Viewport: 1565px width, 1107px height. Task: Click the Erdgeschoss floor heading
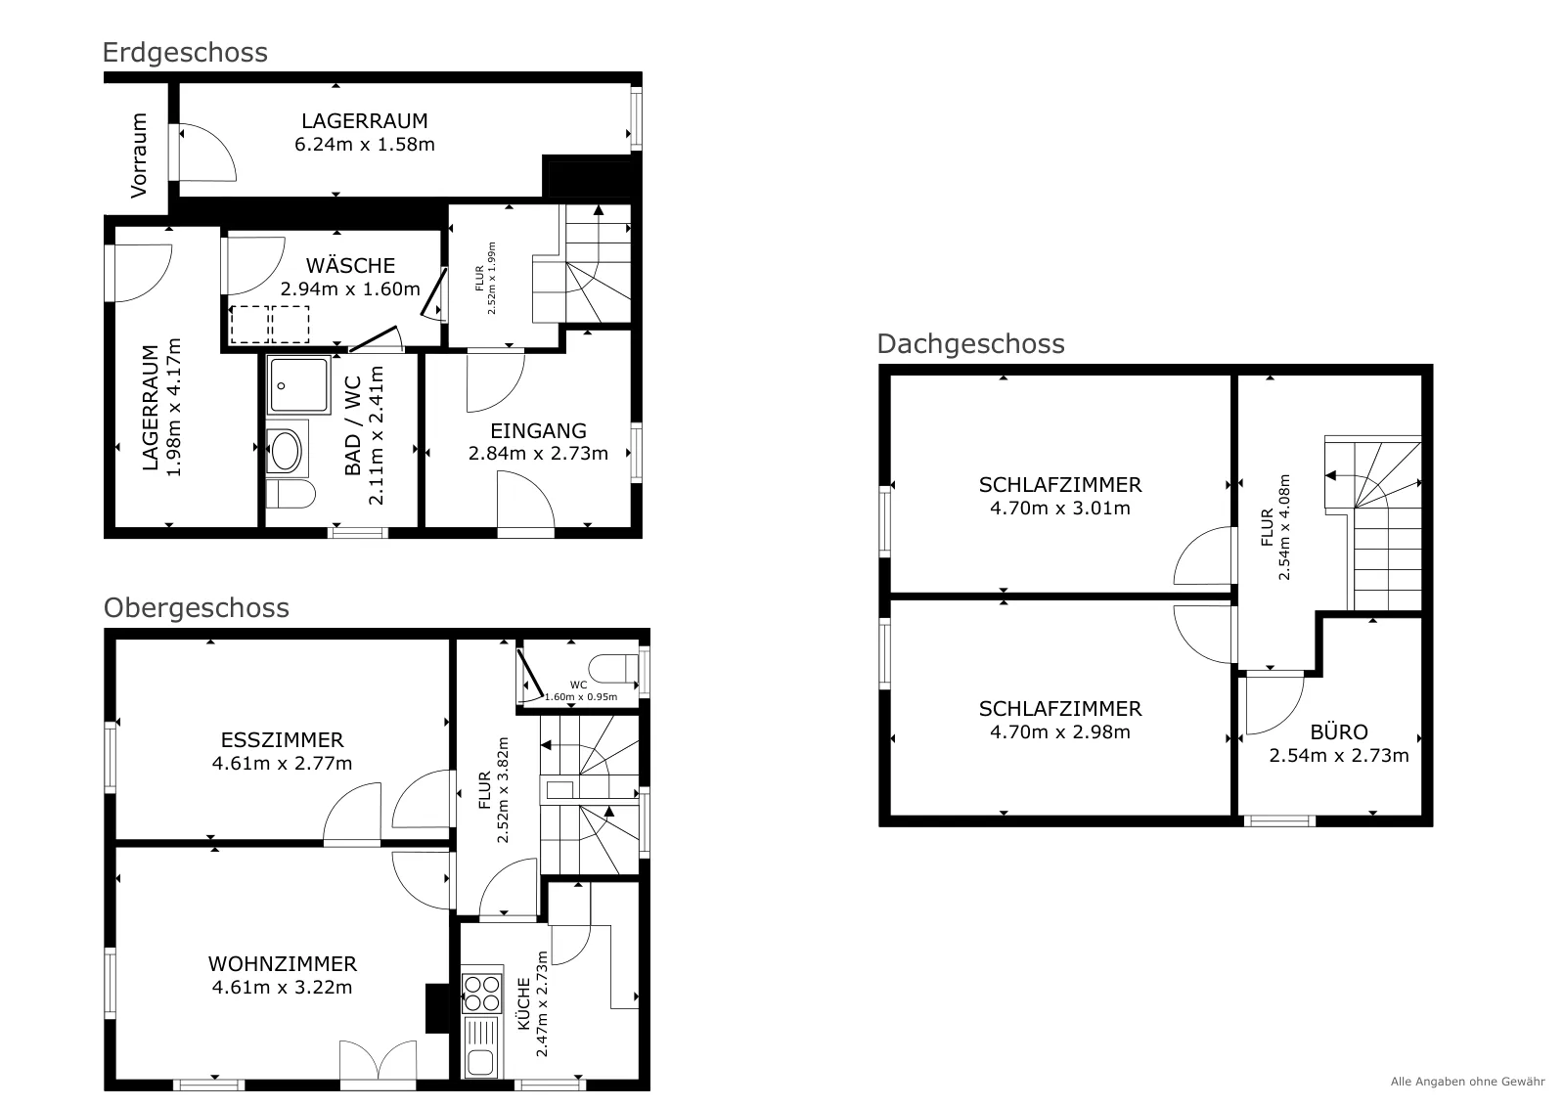(185, 53)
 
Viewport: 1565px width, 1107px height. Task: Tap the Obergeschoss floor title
(197, 608)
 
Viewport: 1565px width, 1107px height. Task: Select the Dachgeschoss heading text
(971, 344)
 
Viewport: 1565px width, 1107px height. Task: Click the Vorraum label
(139, 155)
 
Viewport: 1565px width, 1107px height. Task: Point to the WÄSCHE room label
(351, 265)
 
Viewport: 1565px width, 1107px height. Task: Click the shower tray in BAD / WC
(299, 385)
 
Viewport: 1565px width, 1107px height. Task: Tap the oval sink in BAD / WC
(285, 450)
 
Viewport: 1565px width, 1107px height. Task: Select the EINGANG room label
(538, 431)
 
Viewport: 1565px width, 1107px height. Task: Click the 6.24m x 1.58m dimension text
(365, 145)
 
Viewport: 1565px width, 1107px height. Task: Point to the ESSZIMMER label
(283, 739)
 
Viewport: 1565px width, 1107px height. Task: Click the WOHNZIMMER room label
(283, 964)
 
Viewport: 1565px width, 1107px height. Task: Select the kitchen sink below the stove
(480, 1047)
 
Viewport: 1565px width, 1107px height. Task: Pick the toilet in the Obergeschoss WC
(612, 668)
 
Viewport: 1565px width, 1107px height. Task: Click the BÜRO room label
(1339, 731)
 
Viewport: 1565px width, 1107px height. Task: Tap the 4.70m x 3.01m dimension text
(1060, 509)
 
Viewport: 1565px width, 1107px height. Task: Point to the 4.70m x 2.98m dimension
(1060, 731)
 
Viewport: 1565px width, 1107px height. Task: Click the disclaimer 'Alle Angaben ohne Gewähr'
(1467, 1082)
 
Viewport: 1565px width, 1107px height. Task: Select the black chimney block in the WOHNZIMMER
(437, 1008)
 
